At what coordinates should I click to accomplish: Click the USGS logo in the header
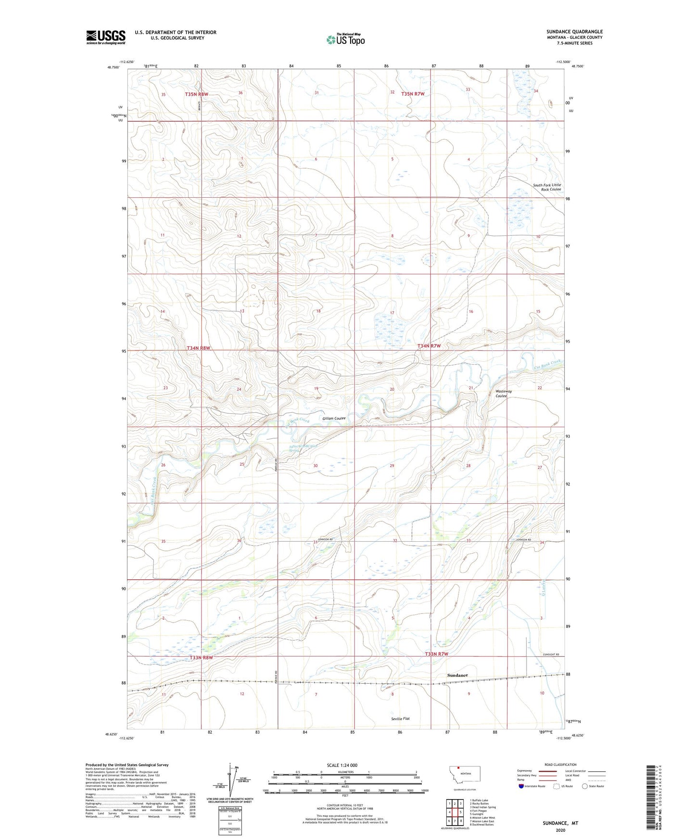coord(106,37)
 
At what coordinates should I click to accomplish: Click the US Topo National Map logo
coord(345,39)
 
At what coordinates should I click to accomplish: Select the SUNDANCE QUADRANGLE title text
coord(574,32)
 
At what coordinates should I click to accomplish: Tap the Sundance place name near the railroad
coord(457,675)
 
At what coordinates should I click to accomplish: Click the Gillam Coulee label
coord(334,419)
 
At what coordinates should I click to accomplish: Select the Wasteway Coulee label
coord(504,394)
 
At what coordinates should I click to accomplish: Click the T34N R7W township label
coord(429,346)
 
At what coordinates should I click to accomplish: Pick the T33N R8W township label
coord(201,657)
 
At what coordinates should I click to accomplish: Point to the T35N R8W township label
coord(196,94)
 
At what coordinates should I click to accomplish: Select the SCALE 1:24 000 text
coord(342,765)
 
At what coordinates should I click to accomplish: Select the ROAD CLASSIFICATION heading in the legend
coord(560,764)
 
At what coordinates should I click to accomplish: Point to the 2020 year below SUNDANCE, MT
coord(560,830)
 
